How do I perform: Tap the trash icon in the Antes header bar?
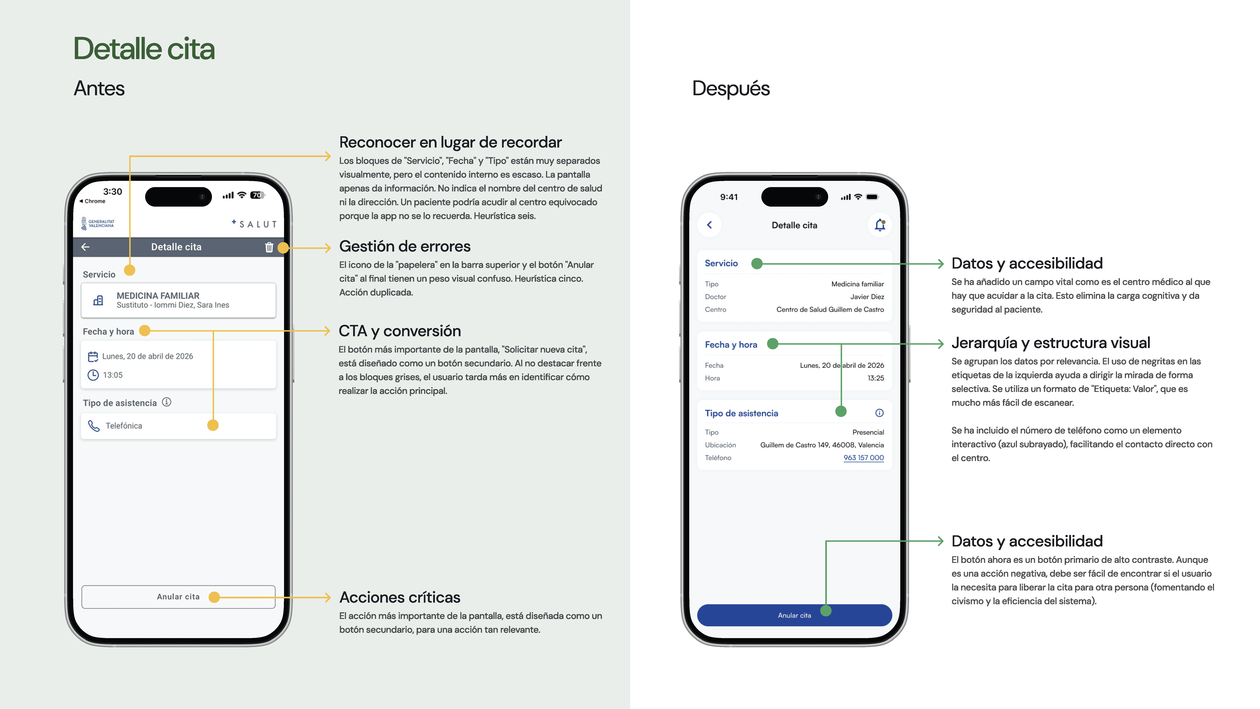(268, 247)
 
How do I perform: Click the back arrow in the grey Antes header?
(86, 247)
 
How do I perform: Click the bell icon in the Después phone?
(879, 225)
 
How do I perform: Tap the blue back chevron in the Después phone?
(709, 225)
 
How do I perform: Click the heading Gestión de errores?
(404, 246)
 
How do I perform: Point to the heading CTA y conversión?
(400, 331)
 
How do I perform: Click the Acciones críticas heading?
(400, 597)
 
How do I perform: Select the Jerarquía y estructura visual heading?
(1050, 343)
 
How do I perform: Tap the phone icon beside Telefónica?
(93, 426)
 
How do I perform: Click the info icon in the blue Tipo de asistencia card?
(879, 413)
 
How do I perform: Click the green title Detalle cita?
(144, 49)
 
